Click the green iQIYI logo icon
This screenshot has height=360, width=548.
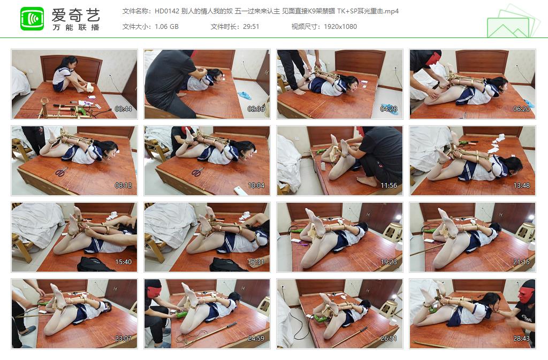tap(32, 19)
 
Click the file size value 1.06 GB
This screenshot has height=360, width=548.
tap(166, 26)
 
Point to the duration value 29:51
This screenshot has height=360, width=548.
tap(250, 26)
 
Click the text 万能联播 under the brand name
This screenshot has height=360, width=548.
tap(76, 27)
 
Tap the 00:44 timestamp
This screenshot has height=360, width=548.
tap(123, 109)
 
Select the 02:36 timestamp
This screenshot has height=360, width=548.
tap(256, 109)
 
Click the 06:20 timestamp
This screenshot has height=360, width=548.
tap(521, 109)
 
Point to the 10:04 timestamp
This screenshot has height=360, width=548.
tap(256, 186)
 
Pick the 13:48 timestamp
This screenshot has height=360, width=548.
tap(521, 186)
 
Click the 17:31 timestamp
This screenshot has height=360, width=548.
tap(256, 262)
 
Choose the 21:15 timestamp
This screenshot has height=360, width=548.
tap(521, 262)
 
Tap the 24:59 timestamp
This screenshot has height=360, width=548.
tap(256, 339)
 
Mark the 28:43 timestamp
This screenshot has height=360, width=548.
tap(521, 339)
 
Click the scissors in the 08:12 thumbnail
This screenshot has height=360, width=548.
tap(62, 172)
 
